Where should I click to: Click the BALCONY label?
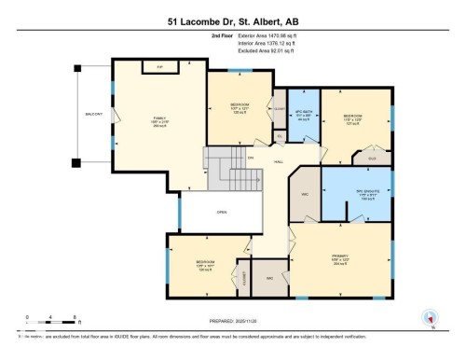point(93,115)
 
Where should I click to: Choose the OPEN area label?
point(221,213)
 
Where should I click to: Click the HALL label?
point(278,161)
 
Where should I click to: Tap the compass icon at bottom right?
point(430,317)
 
